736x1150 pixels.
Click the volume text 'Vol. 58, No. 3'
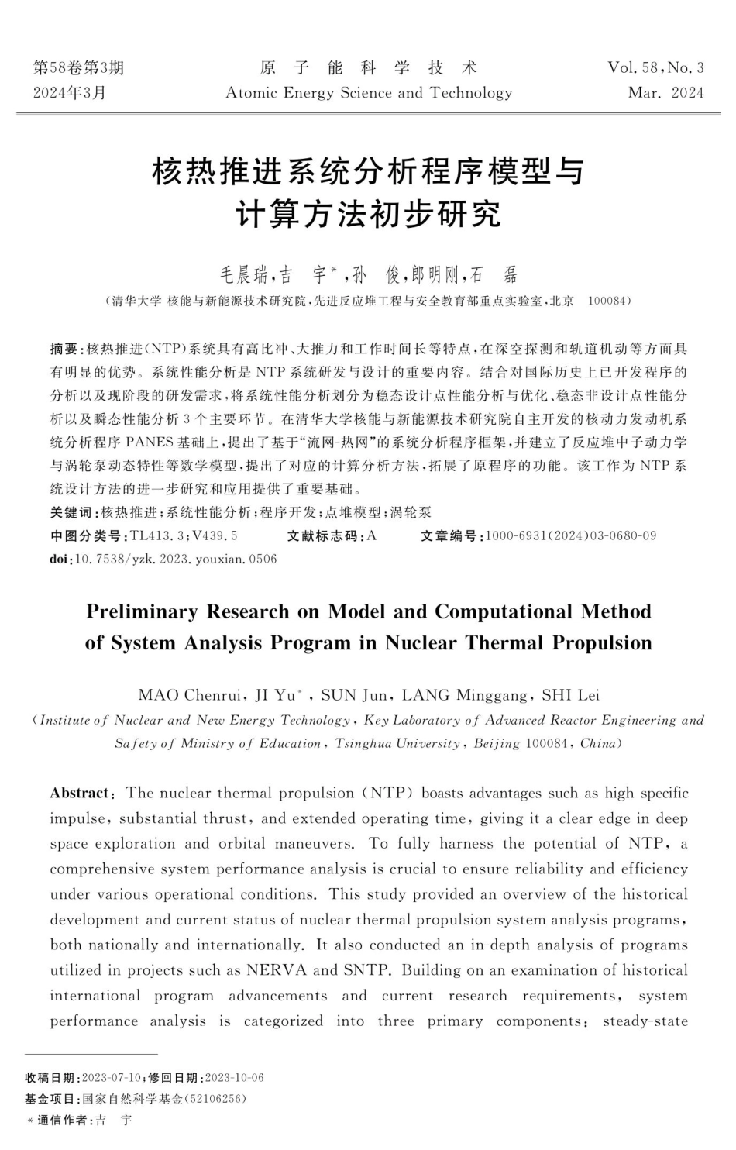point(655,67)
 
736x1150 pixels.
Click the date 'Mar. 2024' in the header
point(665,93)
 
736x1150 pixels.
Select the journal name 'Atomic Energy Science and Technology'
point(369,93)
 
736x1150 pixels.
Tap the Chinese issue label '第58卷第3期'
point(78,67)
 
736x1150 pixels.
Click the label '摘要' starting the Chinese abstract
point(64,349)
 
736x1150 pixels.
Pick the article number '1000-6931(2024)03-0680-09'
point(570,535)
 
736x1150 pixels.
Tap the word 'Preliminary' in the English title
point(142,611)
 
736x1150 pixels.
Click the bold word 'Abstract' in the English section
point(80,793)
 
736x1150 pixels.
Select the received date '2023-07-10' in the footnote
point(111,1078)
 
